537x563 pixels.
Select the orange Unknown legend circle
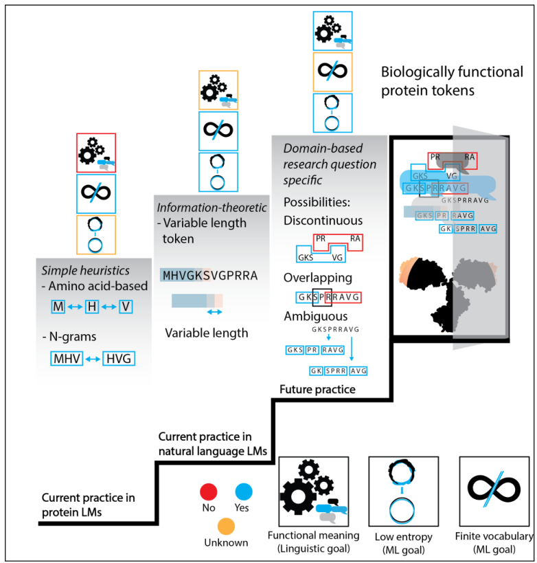click(225, 526)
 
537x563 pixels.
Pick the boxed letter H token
click(91, 307)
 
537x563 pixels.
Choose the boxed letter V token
click(125, 307)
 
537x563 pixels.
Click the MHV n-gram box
click(67, 358)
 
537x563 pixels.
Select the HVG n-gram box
click(118, 358)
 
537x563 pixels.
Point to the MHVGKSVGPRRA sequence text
click(209, 275)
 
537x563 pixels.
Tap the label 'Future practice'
click(317, 390)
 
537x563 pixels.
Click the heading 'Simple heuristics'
click(76, 269)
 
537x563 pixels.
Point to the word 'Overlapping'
click(317, 278)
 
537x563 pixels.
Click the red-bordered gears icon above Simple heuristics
click(96, 152)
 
